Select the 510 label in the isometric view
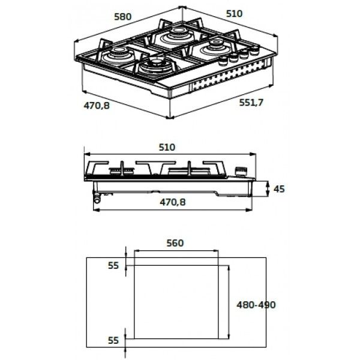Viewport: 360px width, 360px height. pos(234,13)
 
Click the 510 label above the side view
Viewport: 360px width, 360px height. pos(167,148)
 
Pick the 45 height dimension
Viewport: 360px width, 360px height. pos(278,189)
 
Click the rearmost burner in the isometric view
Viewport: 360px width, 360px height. pos(177,32)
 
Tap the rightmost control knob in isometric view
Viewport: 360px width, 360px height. pos(253,52)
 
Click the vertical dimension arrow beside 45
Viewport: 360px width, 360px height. pos(267,189)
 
